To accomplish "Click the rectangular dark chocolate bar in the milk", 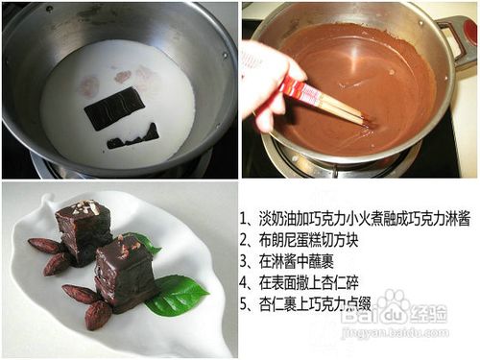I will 113,108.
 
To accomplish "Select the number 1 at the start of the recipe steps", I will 246,219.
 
